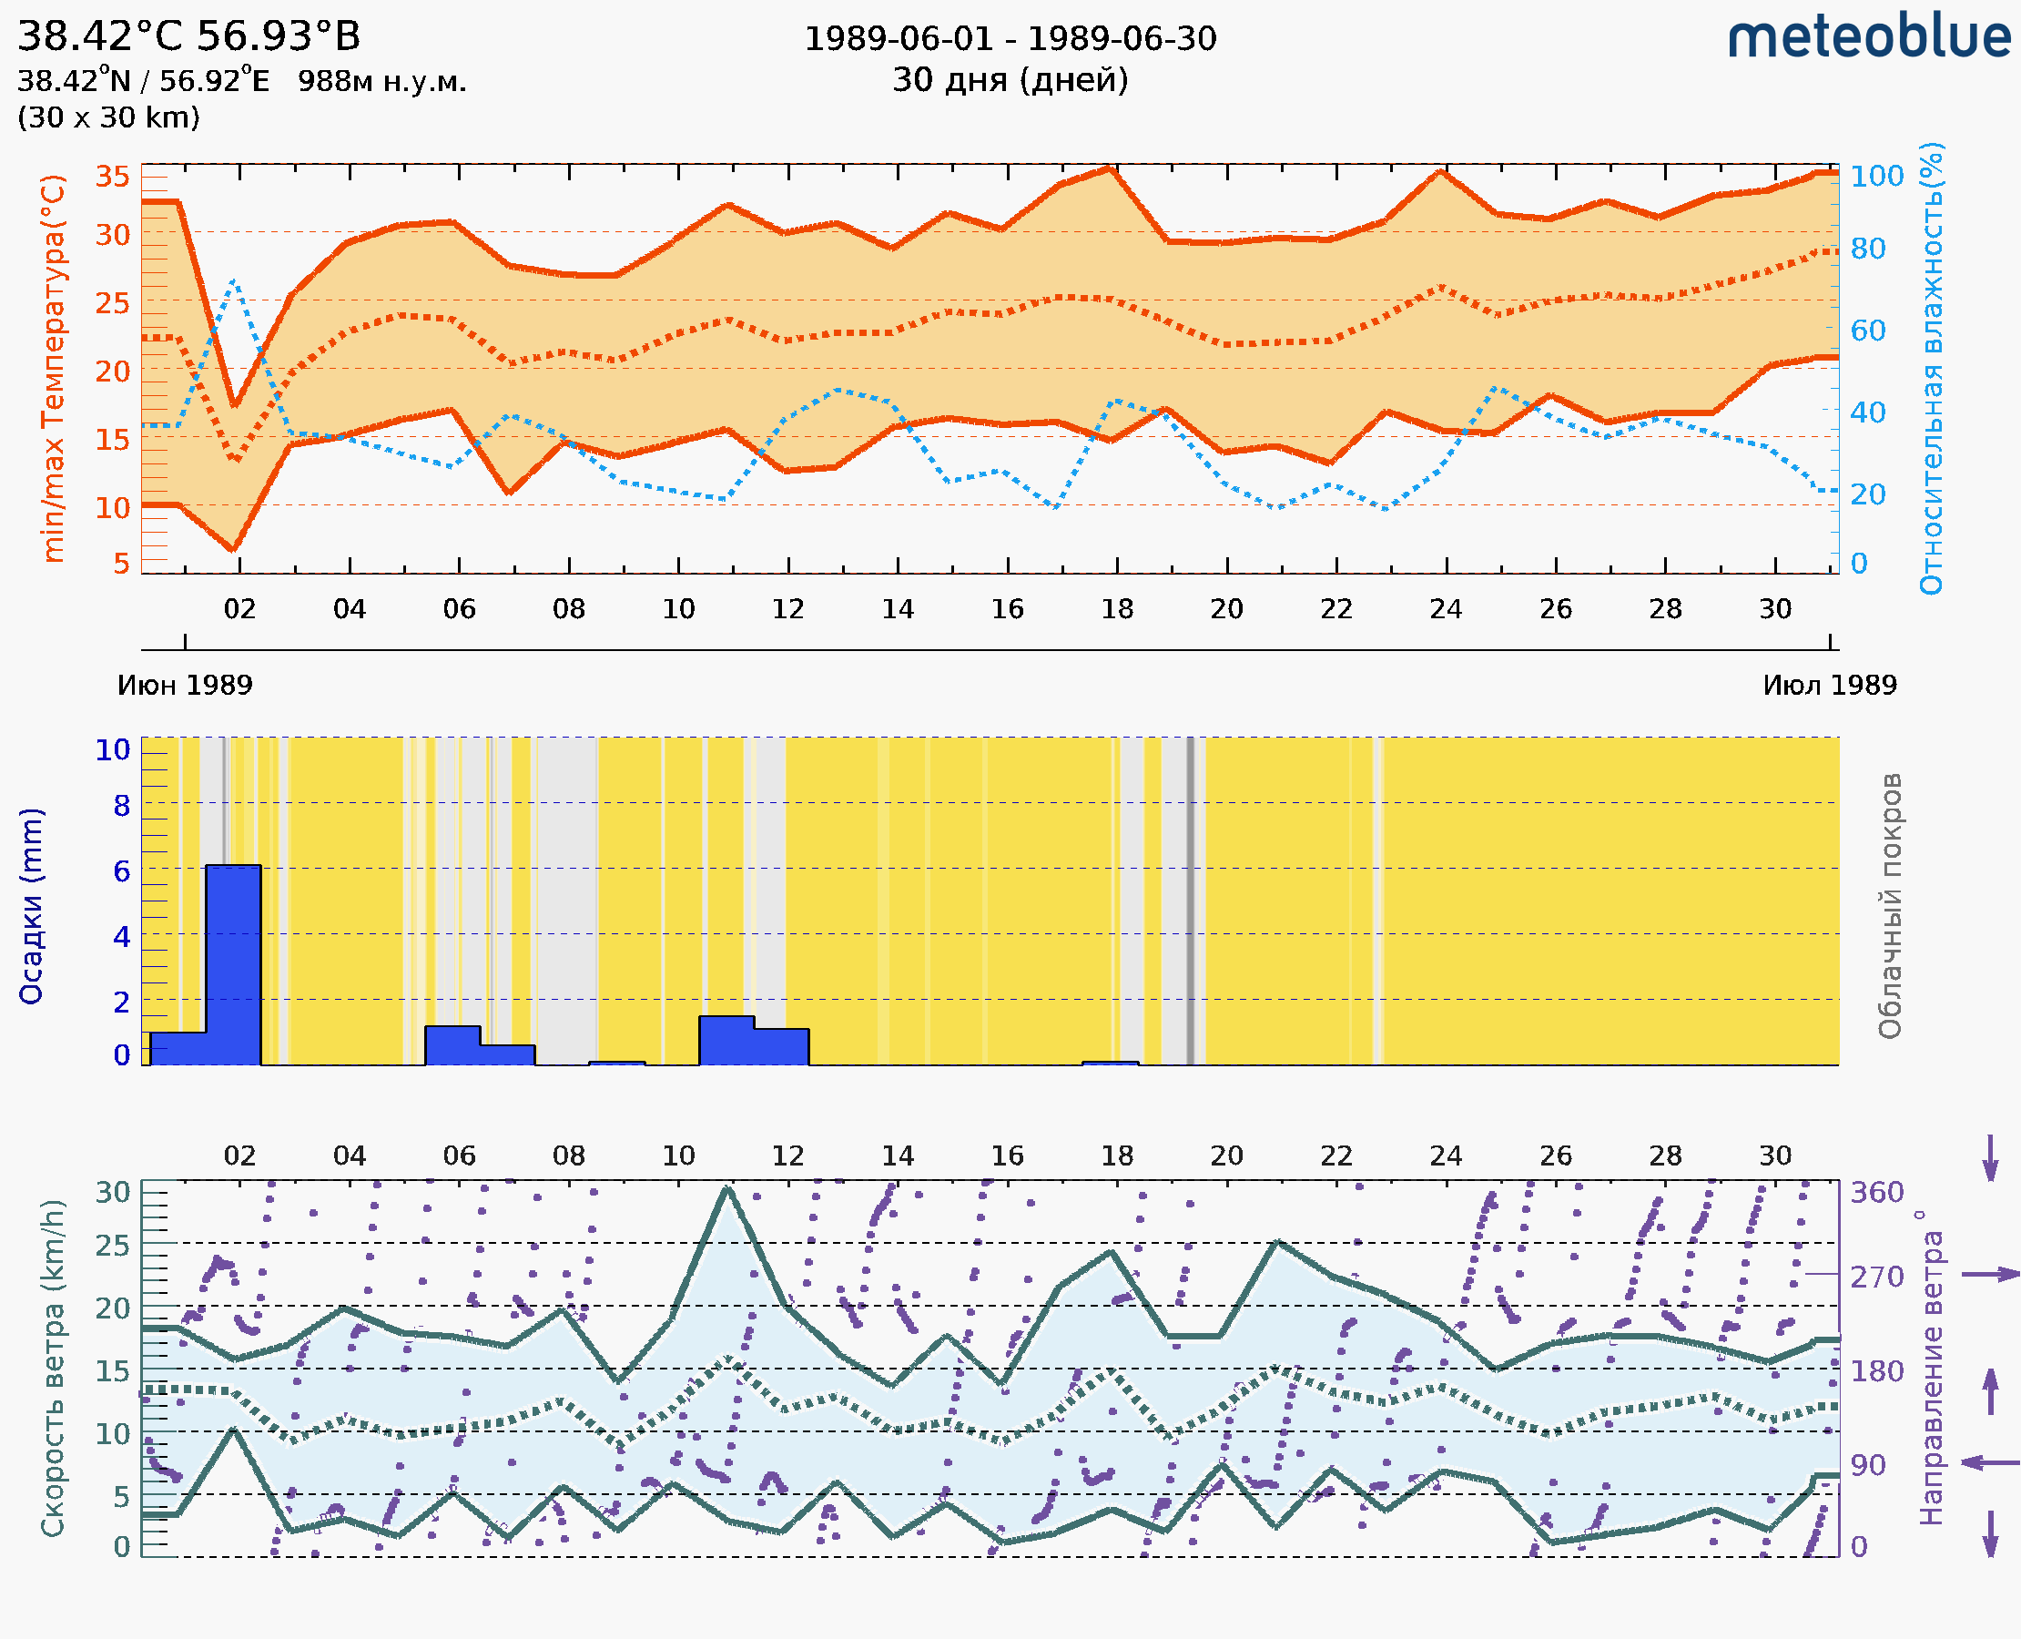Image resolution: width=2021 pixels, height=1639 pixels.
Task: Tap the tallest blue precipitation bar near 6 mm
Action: [233, 963]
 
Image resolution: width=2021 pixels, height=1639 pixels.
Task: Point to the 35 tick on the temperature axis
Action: [113, 177]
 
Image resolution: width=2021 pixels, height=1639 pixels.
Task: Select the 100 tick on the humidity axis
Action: [1876, 177]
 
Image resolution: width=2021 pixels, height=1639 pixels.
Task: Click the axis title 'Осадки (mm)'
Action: [31, 906]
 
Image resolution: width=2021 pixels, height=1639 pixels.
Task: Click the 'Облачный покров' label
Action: [1890, 906]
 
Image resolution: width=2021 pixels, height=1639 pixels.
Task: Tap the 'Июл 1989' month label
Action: [1830, 686]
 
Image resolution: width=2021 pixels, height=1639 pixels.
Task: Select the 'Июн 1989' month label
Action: [185, 686]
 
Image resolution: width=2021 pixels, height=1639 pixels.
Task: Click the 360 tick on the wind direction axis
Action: [1876, 1193]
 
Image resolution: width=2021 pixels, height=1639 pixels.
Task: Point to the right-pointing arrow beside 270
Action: [1990, 1276]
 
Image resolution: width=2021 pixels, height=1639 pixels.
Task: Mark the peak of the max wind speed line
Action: [726, 1187]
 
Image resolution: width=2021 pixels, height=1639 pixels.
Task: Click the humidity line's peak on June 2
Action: [233, 281]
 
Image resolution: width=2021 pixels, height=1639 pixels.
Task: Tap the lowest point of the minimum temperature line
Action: [233, 548]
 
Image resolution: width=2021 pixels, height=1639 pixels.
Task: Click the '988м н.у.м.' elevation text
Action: [382, 82]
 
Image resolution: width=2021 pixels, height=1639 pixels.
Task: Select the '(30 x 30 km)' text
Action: [108, 118]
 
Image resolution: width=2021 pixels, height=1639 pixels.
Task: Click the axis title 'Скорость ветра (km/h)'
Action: [54, 1368]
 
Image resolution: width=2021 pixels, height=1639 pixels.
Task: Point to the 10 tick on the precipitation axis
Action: [113, 750]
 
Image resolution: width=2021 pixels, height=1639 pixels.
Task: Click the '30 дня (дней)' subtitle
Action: [1010, 80]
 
